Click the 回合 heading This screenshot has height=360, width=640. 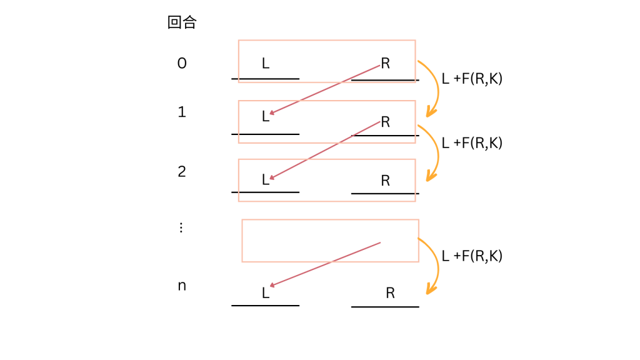coord(182,23)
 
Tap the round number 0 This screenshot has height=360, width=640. coord(182,63)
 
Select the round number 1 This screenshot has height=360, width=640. coord(182,112)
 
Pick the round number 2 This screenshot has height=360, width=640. coord(182,171)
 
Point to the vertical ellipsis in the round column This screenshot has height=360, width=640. coord(181,227)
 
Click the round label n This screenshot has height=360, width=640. coord(182,286)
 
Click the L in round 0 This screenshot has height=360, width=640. coord(266,63)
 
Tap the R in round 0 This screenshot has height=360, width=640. coord(385,63)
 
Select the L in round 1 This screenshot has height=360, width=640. coord(266,116)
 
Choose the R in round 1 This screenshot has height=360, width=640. coord(385,122)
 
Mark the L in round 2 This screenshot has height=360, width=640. coord(266,180)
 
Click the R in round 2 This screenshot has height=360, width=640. coord(385,181)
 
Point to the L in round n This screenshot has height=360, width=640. coord(266,293)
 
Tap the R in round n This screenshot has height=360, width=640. coord(390,293)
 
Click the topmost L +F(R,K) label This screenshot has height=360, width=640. coord(472,79)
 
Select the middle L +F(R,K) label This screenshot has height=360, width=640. coord(472,142)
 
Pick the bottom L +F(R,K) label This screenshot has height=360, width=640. coord(472,256)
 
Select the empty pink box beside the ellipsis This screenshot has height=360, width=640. coord(330,241)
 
